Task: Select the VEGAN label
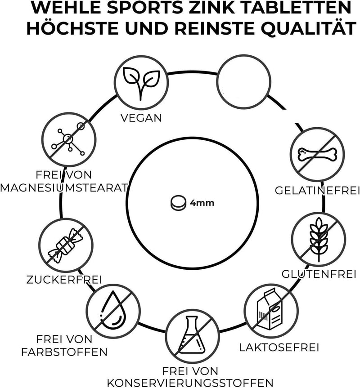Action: tap(141, 118)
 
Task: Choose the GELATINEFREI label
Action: tap(317, 191)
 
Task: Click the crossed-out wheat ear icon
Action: tap(319, 239)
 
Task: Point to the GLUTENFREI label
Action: tap(319, 274)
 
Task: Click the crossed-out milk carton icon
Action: tap(271, 311)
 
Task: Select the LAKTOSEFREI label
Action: tap(279, 348)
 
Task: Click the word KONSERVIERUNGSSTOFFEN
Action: tap(190, 383)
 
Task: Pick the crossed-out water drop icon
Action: tap(113, 311)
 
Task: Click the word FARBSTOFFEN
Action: tap(64, 352)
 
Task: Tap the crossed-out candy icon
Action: tap(66, 245)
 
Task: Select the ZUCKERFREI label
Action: tap(64, 280)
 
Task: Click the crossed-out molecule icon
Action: tap(68, 139)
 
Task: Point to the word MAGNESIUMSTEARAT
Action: tap(64, 188)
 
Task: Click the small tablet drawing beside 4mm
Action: tap(178, 203)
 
